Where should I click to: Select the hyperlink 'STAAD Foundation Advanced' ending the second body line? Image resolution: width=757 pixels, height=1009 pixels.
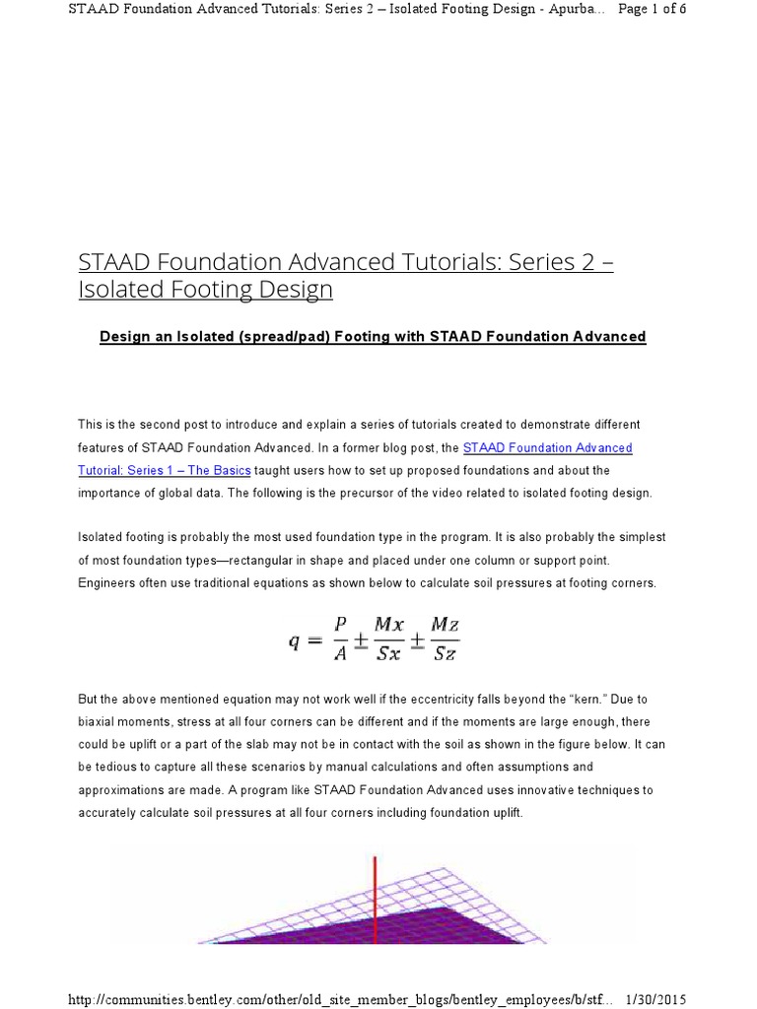[547, 447]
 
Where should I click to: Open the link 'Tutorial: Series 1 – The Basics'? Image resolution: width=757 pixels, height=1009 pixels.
[165, 470]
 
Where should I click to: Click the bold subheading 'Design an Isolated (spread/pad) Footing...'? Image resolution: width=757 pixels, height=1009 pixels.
[373, 337]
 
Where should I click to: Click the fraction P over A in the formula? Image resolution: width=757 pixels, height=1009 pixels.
[341, 637]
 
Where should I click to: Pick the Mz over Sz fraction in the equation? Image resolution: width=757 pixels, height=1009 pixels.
[445, 637]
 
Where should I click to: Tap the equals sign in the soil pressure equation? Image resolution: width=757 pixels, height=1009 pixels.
[315, 640]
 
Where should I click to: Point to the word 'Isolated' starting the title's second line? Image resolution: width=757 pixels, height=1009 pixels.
[117, 290]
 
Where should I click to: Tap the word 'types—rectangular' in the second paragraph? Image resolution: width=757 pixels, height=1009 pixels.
[208, 560]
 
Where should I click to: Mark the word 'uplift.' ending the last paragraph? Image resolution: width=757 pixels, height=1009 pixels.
[505, 812]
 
